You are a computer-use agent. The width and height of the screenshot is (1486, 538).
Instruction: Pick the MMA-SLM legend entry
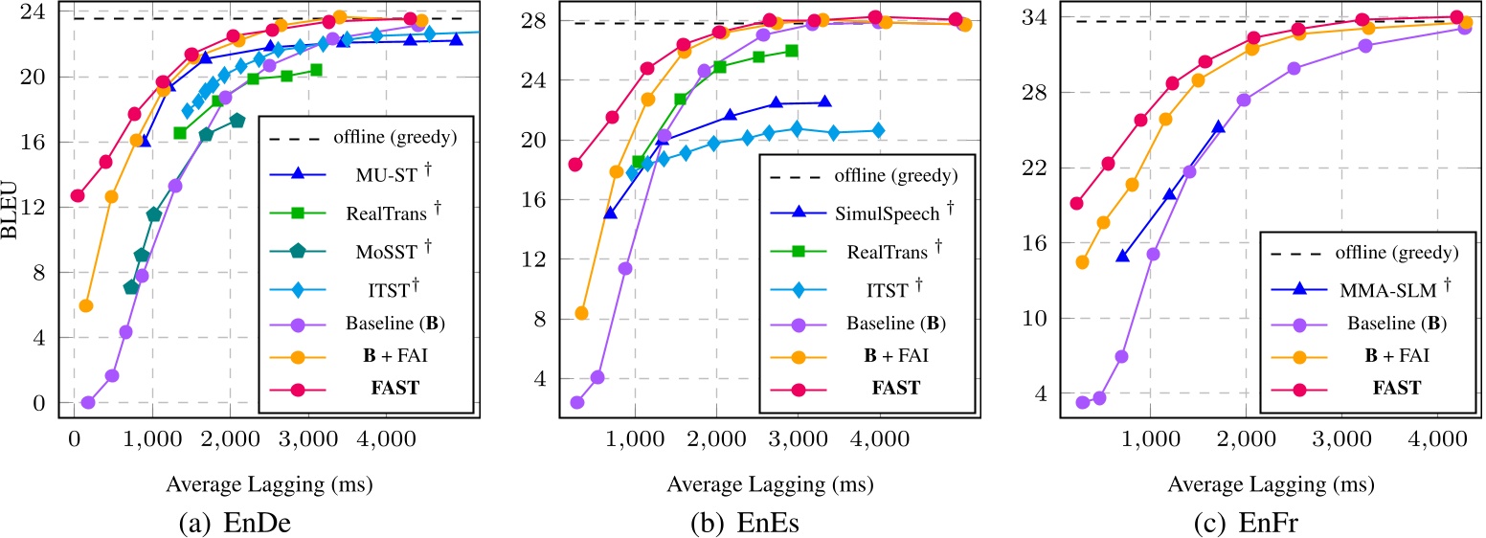point(1368,284)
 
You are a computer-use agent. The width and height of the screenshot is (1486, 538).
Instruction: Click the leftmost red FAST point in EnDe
point(78,196)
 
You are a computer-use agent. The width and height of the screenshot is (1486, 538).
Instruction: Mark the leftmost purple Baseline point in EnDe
point(88,403)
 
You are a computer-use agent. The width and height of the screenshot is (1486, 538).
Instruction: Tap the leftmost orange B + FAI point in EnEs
point(580,313)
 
